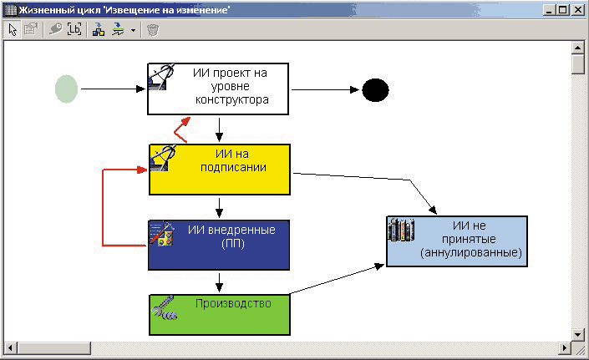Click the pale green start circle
coord(67,89)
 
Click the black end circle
coord(375,90)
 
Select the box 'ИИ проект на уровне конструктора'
coord(218,89)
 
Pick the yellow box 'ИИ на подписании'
coord(220,170)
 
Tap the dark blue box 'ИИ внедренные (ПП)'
coord(219,245)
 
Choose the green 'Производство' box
coord(220,315)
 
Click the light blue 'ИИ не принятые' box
coord(457,241)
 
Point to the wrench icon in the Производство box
coord(164,307)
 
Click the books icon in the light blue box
coord(401,230)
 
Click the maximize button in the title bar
coord(563,10)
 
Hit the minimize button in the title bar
coord(550,10)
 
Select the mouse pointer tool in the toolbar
coord(13,29)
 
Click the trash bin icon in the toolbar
coord(153,30)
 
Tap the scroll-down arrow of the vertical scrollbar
coord(577,334)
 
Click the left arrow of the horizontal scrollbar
coord(10,348)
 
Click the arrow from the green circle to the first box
coord(113,89)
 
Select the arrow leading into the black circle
coord(325,89)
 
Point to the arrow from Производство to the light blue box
coord(337,279)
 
